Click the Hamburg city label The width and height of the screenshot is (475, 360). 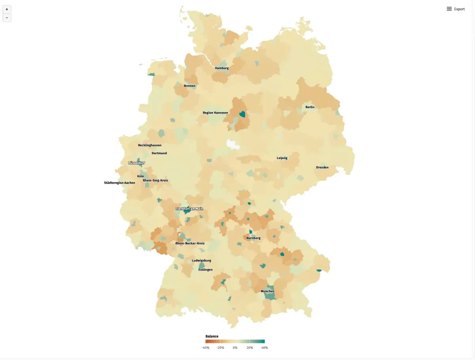pos(222,68)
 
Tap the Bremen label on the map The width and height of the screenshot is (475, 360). pos(190,86)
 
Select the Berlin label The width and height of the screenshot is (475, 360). pos(310,107)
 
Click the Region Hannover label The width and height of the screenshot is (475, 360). pos(215,113)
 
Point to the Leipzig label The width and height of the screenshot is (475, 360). pos(282,158)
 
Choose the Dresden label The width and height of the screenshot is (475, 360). pos(322,167)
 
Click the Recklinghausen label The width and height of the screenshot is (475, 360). pos(150,145)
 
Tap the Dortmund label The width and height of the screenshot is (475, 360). pos(159,153)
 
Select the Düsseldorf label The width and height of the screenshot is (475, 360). pos(137,163)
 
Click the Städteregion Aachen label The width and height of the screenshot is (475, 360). pos(120,183)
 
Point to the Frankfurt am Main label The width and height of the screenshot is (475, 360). pos(189,208)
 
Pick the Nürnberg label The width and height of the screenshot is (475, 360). pos(253,238)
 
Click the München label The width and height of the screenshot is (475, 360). pos(268,291)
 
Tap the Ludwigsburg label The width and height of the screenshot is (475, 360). pos(201,260)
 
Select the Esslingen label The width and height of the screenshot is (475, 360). pos(205,270)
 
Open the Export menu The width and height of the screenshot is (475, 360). pos(456,9)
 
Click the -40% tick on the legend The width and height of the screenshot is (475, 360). pos(205,348)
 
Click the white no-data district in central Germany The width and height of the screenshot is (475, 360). pos(234,144)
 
